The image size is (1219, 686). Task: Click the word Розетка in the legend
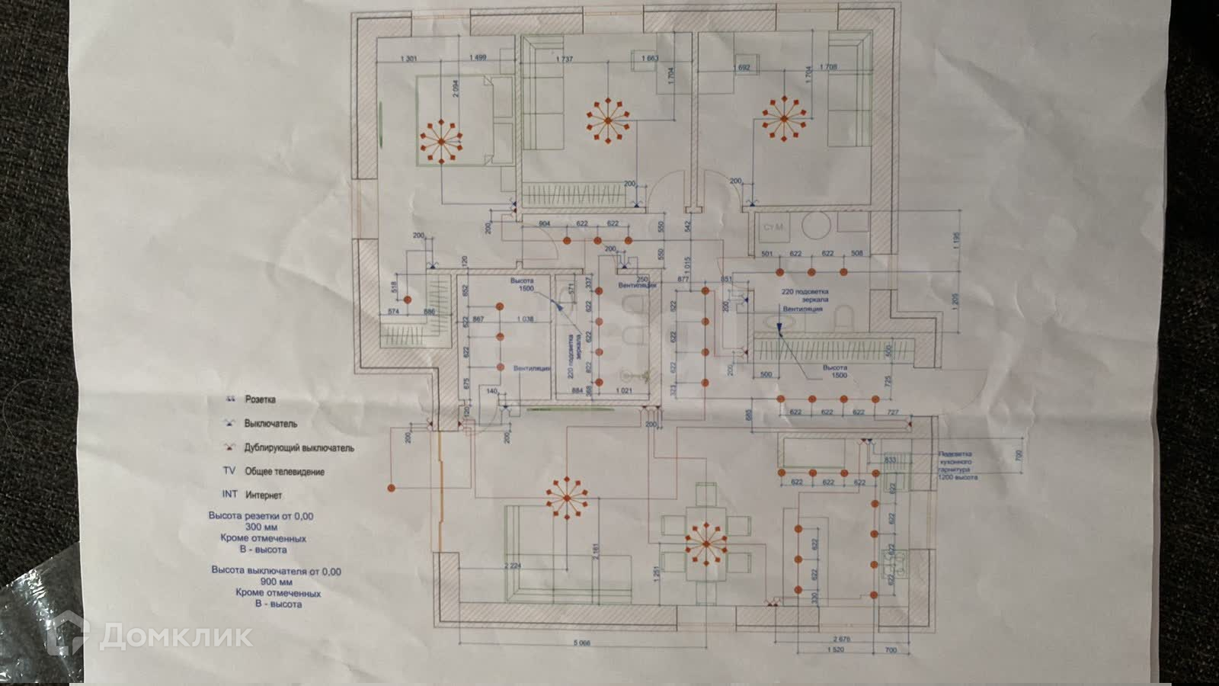tap(260, 399)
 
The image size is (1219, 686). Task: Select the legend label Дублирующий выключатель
tap(299, 448)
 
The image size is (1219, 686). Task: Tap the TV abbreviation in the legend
tap(229, 471)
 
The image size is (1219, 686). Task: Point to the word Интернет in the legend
tap(264, 495)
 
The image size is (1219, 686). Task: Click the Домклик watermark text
tap(176, 634)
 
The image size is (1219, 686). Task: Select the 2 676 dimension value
tap(841, 639)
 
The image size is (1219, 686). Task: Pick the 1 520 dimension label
tap(836, 651)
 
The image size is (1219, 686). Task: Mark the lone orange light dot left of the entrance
tap(392, 487)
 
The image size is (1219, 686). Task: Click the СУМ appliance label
tap(774, 226)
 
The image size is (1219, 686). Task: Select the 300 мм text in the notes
tap(261, 527)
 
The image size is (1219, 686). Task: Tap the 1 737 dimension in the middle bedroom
tap(565, 59)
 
